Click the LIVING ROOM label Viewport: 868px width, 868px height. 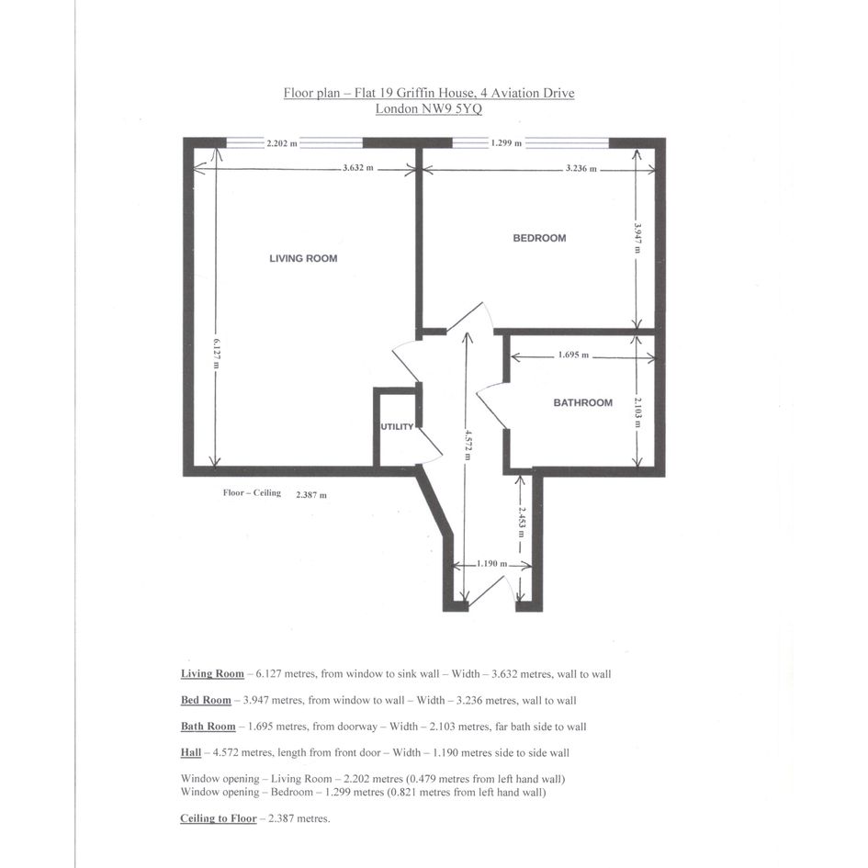point(303,258)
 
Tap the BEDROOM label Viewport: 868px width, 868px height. point(539,238)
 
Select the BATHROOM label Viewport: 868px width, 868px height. point(583,403)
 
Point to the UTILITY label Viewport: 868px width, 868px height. point(397,427)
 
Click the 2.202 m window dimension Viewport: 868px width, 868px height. point(282,143)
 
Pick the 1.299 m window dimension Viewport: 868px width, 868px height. point(506,143)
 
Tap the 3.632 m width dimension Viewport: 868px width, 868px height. point(357,168)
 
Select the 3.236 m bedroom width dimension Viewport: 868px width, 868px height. point(581,168)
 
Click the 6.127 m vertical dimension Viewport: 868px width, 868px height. point(216,354)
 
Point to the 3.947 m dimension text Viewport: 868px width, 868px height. point(637,238)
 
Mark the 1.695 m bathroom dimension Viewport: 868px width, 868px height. point(573,355)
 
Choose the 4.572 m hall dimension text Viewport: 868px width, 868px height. point(468,445)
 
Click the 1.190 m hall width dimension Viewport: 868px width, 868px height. point(491,564)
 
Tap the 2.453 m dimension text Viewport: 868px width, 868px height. point(522,522)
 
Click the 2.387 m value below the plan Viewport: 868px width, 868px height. point(311,495)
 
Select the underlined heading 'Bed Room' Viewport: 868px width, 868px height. point(206,700)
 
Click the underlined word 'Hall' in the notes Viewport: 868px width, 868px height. point(190,753)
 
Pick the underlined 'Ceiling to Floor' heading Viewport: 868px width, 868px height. point(218,818)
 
